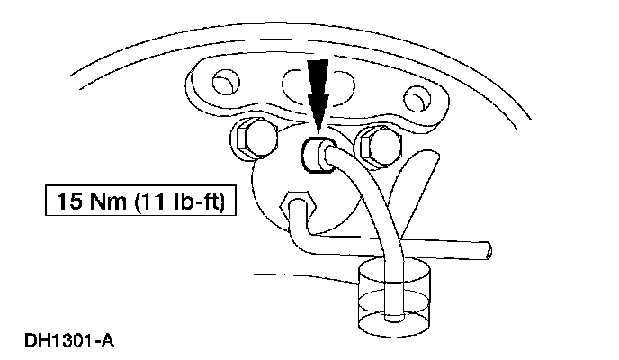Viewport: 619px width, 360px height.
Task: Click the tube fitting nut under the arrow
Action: [x=317, y=154]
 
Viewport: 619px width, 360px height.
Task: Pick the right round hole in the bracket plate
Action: [x=416, y=95]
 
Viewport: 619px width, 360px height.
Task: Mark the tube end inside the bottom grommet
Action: [x=393, y=316]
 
